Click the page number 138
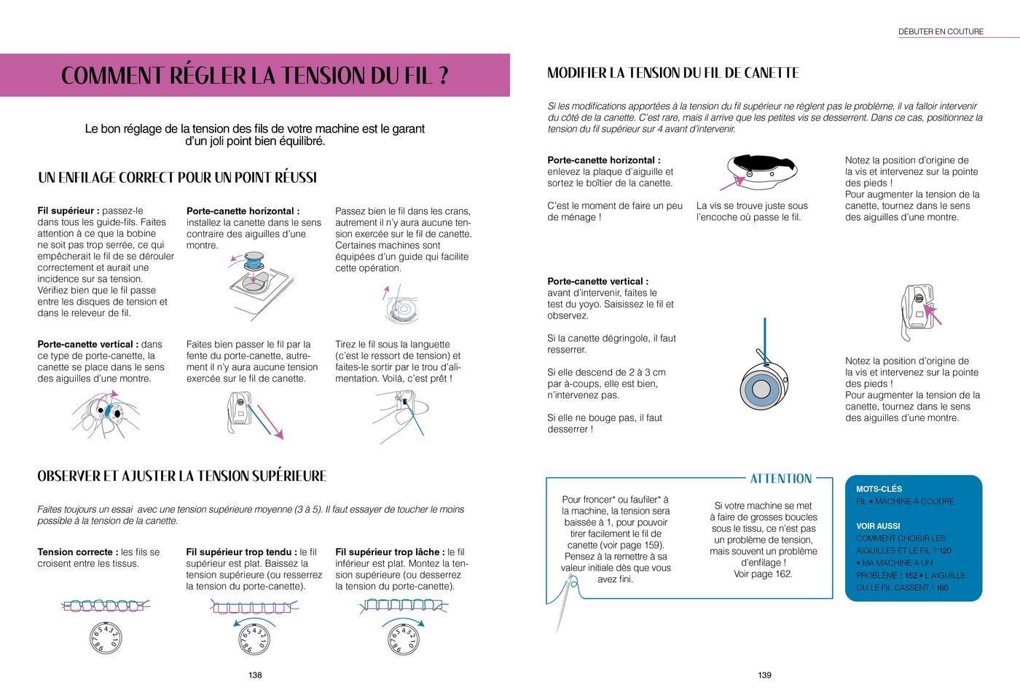255,675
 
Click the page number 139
764,675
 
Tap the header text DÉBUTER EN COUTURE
941,31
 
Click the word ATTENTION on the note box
780,479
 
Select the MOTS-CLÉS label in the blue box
879,490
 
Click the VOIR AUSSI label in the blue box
878,526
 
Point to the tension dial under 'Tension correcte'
106,638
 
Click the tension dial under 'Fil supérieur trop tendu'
254,639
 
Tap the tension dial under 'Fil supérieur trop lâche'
402,639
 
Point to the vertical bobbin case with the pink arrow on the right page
917,310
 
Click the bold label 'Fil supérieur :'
68,211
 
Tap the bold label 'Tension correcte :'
77,552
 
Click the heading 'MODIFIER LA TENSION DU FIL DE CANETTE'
672,73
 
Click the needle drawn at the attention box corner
565,601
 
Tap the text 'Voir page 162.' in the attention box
763,574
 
